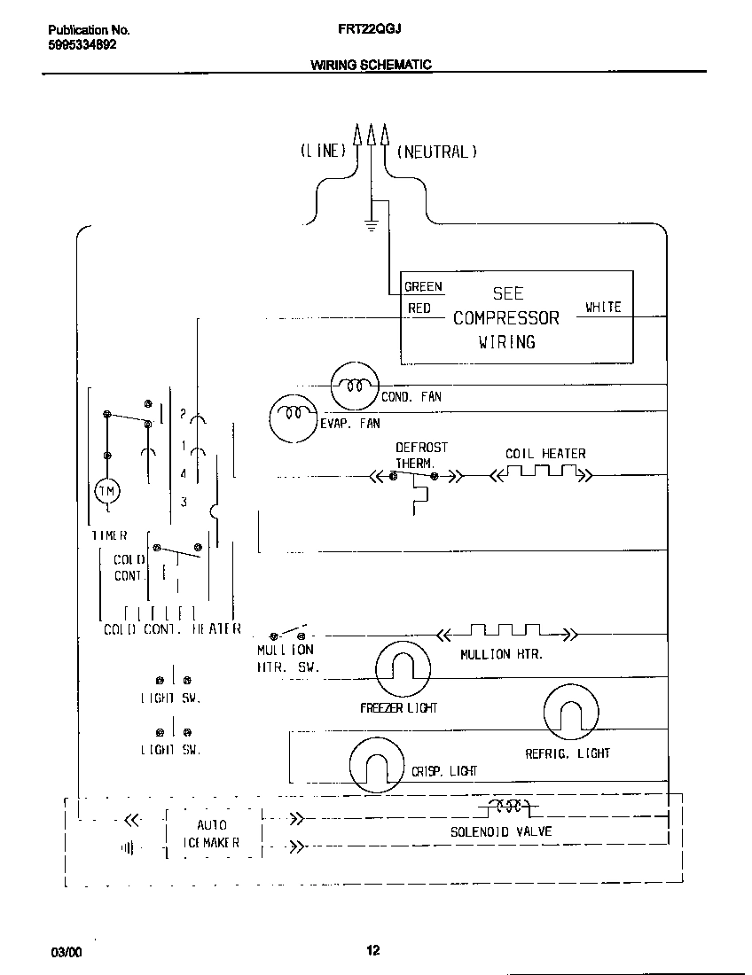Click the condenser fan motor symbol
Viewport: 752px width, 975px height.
tap(355, 386)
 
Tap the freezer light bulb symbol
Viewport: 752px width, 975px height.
tap(402, 665)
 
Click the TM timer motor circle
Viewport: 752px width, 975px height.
tap(106, 491)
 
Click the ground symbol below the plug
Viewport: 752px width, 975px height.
tap(372, 225)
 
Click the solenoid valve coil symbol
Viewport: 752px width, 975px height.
tap(505, 807)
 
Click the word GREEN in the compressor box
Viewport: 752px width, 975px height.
tap(423, 286)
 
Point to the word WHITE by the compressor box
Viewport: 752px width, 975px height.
tap(603, 308)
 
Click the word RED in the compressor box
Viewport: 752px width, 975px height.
tap(419, 308)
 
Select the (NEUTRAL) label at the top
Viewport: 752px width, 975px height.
tap(436, 152)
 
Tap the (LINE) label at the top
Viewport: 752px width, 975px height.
tap(322, 152)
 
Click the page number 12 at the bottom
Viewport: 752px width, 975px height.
tap(373, 951)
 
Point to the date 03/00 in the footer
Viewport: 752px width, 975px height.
tap(67, 952)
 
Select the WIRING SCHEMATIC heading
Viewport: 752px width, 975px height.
tap(371, 65)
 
